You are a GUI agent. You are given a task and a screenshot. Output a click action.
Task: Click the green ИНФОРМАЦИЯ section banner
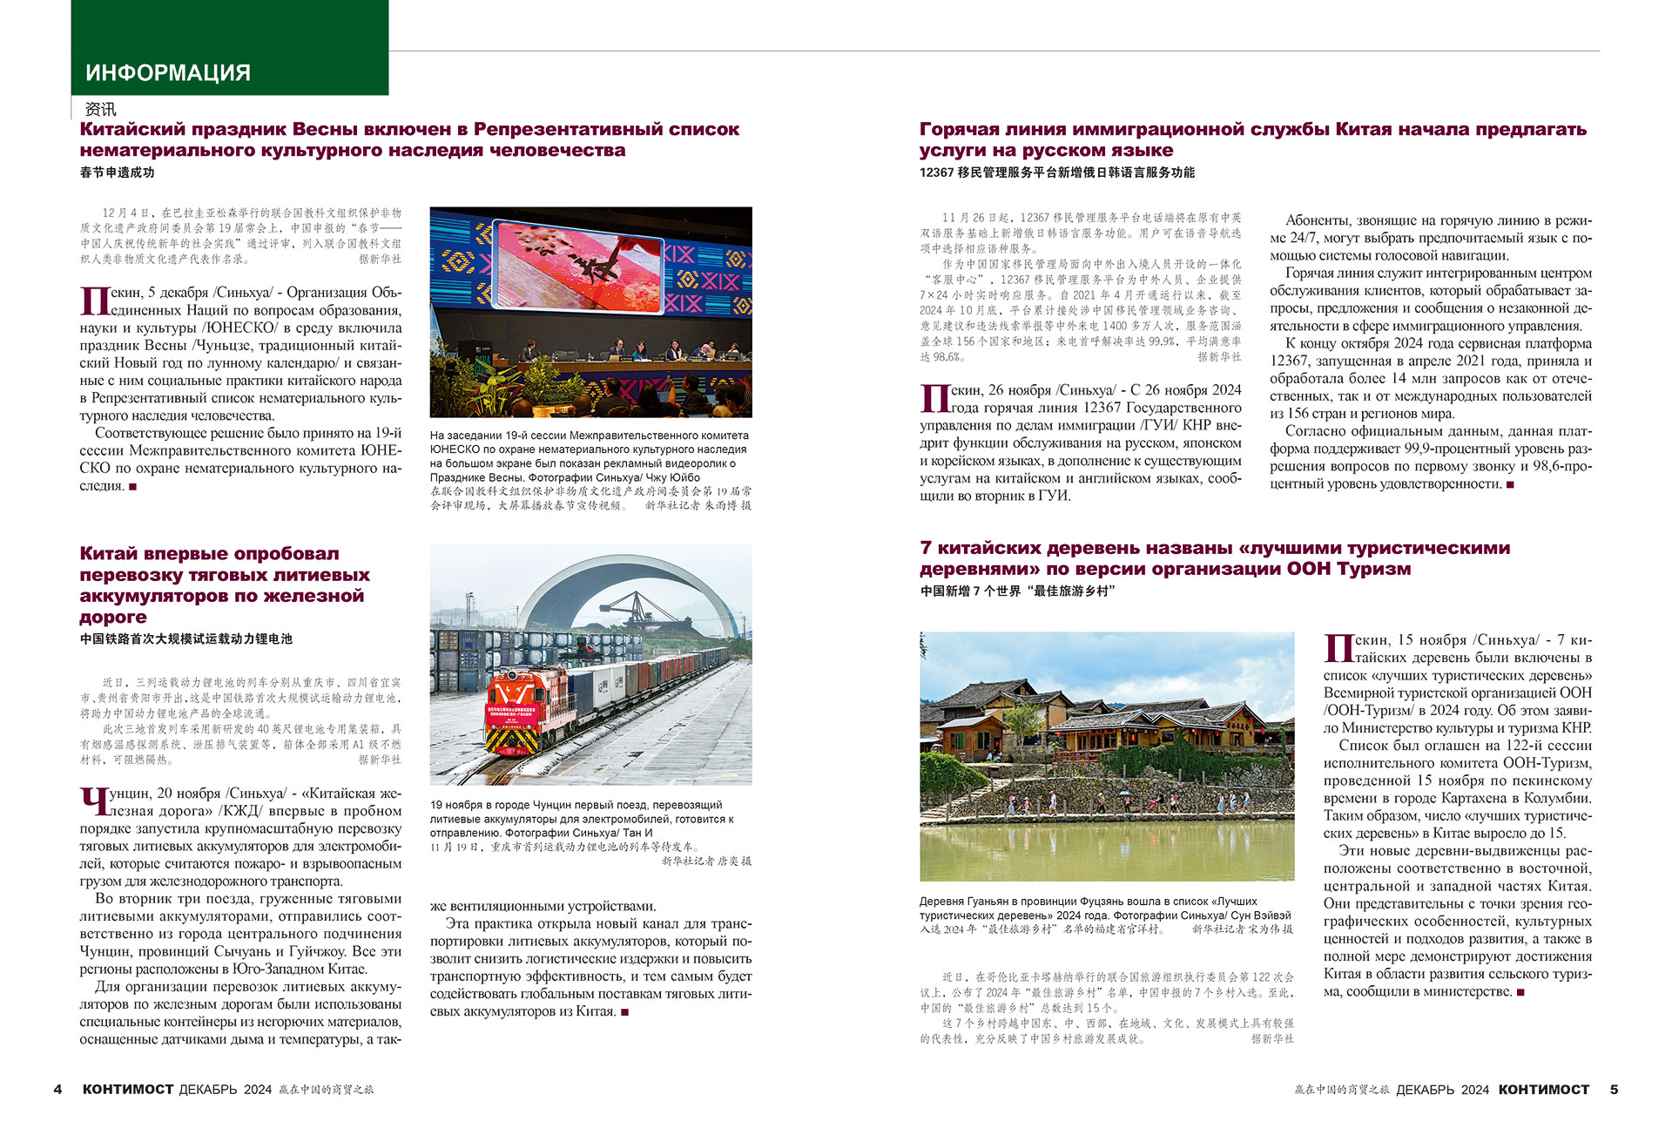pos(229,48)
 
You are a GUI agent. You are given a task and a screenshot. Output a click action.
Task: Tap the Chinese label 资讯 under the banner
pos(100,109)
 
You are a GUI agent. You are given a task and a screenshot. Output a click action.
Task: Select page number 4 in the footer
pos(57,1089)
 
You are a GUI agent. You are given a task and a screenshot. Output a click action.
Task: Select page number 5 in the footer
pos(1614,1089)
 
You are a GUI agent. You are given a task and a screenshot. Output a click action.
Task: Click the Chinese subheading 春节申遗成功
pos(117,172)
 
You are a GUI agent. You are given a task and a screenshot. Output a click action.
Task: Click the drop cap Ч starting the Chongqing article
pos(92,802)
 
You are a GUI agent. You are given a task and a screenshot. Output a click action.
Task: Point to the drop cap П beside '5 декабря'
pos(94,301)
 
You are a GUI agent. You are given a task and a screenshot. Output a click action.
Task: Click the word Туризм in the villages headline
pos(1375,569)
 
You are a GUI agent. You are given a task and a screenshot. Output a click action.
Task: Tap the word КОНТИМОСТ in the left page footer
pos(128,1089)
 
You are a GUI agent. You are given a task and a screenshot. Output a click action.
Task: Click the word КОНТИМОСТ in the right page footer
pos(1543,1089)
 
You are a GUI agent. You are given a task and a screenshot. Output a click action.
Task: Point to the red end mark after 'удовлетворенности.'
pos(1510,484)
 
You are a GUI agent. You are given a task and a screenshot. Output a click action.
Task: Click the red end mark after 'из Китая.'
pos(624,1012)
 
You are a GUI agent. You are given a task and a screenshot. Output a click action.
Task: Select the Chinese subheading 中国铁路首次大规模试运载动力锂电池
pos(185,638)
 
